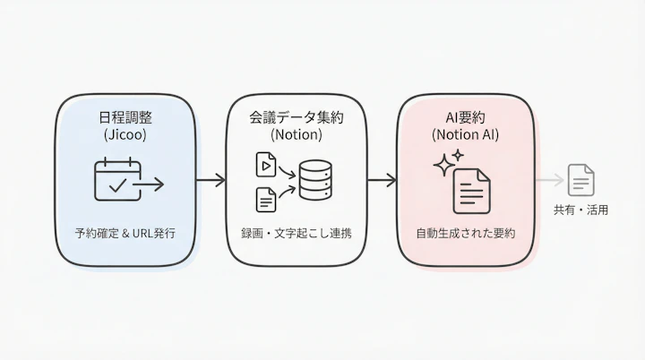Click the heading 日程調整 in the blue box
(x=125, y=118)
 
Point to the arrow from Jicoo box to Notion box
(x=211, y=181)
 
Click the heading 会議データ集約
(x=297, y=118)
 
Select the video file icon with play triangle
(x=266, y=165)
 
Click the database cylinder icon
(x=314, y=181)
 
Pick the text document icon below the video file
(x=266, y=200)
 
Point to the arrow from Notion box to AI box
(x=382, y=181)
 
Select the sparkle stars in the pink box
(x=446, y=162)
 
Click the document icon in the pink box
(x=471, y=192)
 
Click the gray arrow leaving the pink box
(x=550, y=181)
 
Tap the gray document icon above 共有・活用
(x=581, y=180)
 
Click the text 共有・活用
(x=581, y=211)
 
